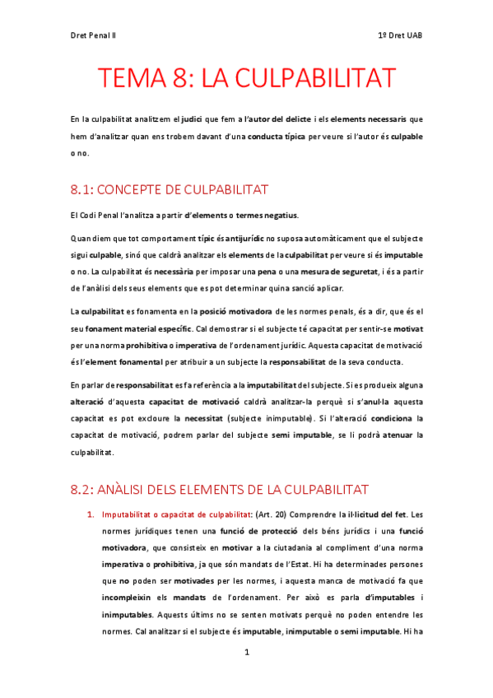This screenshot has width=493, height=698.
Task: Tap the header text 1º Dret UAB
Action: tap(399, 35)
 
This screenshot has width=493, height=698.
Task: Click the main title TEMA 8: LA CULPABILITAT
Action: tap(247, 79)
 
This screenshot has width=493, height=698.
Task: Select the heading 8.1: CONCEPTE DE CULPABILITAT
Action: tap(170, 190)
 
